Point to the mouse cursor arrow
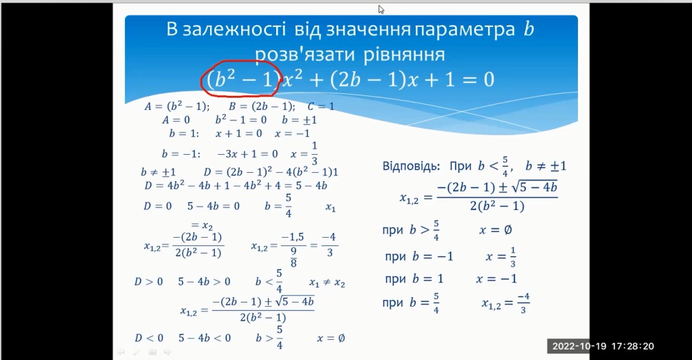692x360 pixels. click(381, 9)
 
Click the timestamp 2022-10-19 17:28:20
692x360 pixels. click(603, 346)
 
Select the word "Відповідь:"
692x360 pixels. click(412, 166)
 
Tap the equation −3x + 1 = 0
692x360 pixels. click(247, 153)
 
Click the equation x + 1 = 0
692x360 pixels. click(239, 133)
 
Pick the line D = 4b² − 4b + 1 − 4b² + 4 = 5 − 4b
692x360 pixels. click(236, 185)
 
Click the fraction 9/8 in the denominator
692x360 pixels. click(294, 257)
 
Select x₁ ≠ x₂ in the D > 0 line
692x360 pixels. click(327, 283)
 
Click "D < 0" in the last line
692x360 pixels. click(148, 338)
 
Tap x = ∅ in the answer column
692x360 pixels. click(496, 229)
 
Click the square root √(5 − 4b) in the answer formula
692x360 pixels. click(534, 187)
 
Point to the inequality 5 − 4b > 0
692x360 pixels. click(204, 281)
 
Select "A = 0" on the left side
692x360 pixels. click(175, 120)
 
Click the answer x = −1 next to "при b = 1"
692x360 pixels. click(497, 278)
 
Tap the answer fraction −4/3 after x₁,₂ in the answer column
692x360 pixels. click(523, 303)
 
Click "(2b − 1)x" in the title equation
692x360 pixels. click(374, 80)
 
